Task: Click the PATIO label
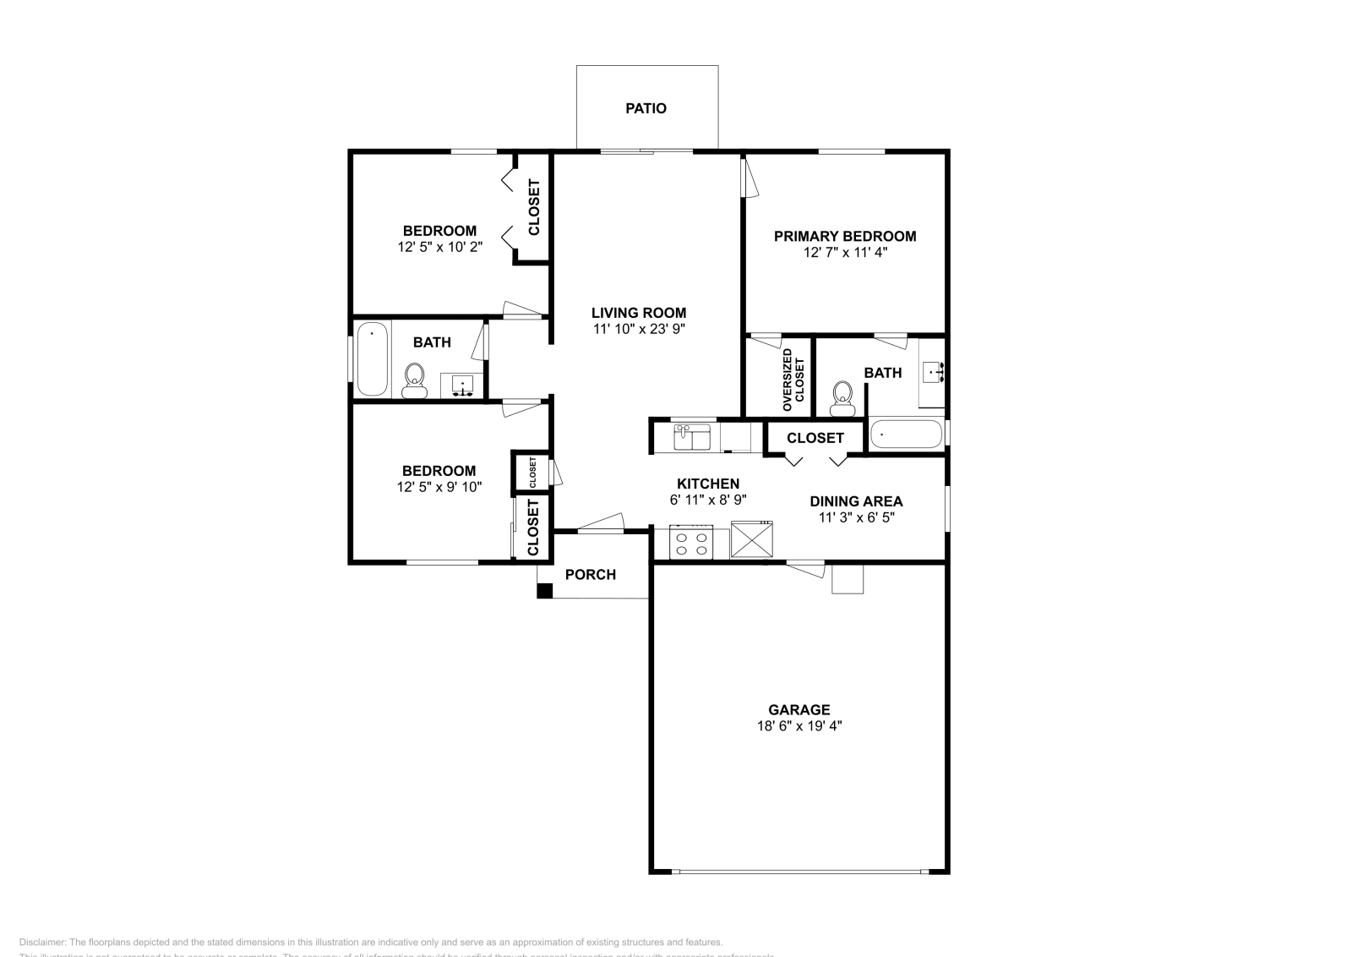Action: coord(646,108)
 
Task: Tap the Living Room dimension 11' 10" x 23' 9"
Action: coord(638,330)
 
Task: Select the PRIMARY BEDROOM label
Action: coord(845,236)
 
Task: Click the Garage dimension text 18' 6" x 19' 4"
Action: coord(799,725)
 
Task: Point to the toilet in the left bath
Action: coord(414,380)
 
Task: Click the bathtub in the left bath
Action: coord(372,358)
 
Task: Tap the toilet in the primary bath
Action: coord(842,398)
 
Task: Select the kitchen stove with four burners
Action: coord(690,543)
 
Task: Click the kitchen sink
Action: coord(691,437)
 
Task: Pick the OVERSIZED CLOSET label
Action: coord(793,380)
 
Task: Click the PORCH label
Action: coord(590,575)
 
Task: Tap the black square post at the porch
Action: coord(545,591)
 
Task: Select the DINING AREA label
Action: coord(856,501)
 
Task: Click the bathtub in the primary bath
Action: coord(906,435)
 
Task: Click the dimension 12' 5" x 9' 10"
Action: coord(439,487)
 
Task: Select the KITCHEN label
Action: coord(708,484)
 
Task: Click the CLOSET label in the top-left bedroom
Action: coord(534,207)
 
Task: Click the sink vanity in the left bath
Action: coord(462,386)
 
